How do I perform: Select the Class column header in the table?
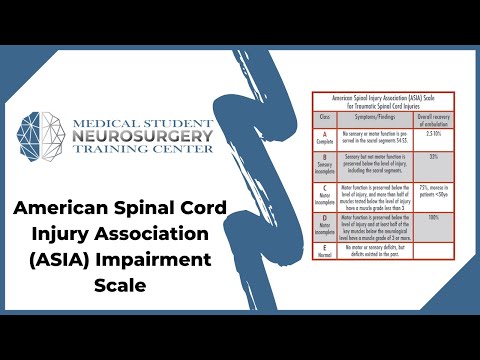[324, 117]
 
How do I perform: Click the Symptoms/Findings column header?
[380, 117]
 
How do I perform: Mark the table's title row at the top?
[380, 101]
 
